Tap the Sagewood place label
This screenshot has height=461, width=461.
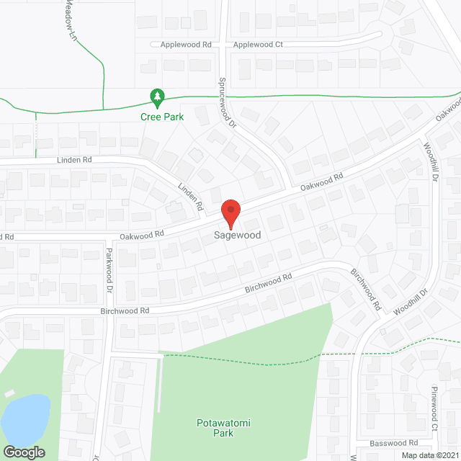click(237, 236)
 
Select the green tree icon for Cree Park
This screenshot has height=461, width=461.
click(156, 96)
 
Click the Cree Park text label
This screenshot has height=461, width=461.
click(162, 117)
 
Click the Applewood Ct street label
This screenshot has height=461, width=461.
click(259, 45)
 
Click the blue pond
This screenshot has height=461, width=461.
click(25, 419)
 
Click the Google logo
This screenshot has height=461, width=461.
click(23, 452)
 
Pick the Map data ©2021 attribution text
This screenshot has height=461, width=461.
click(429, 455)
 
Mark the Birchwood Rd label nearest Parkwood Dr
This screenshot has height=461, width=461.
click(124, 311)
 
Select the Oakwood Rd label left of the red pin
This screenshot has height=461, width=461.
click(142, 233)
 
